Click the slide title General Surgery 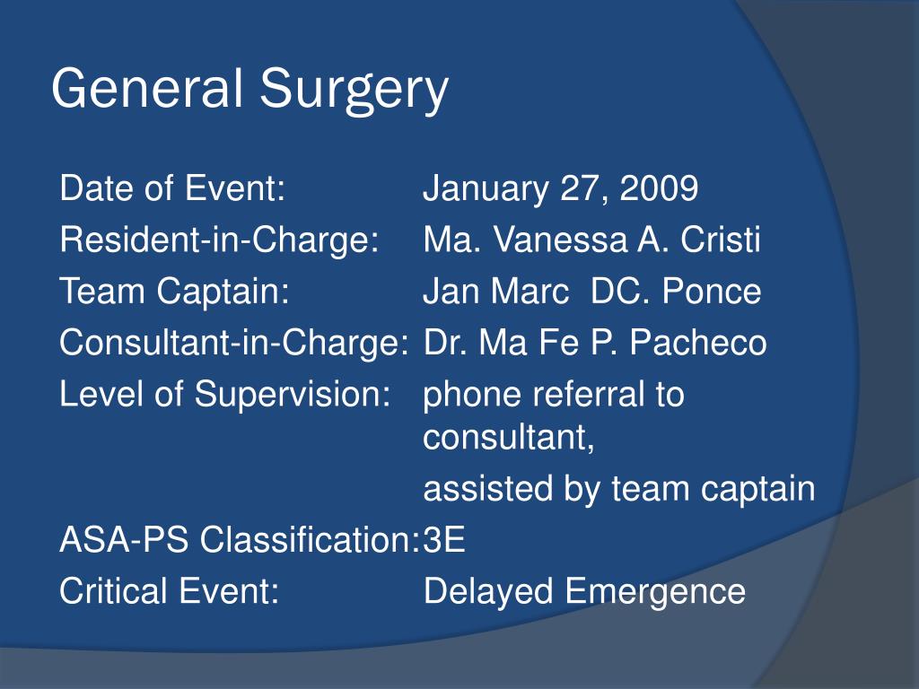tap(249, 90)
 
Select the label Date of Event tap(172, 189)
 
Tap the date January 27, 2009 tap(560, 189)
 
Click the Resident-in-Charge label tap(218, 240)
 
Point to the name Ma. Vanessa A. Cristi tap(591, 240)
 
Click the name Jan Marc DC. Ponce tap(591, 292)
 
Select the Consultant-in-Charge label tap(234, 343)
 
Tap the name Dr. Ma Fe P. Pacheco tap(594, 343)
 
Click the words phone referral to tap(553, 394)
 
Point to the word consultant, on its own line tap(509, 438)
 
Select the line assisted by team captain tap(618, 489)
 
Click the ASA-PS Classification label tap(240, 541)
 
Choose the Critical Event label tap(169, 591)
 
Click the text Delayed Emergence tap(583, 591)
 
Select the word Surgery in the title tap(354, 92)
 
